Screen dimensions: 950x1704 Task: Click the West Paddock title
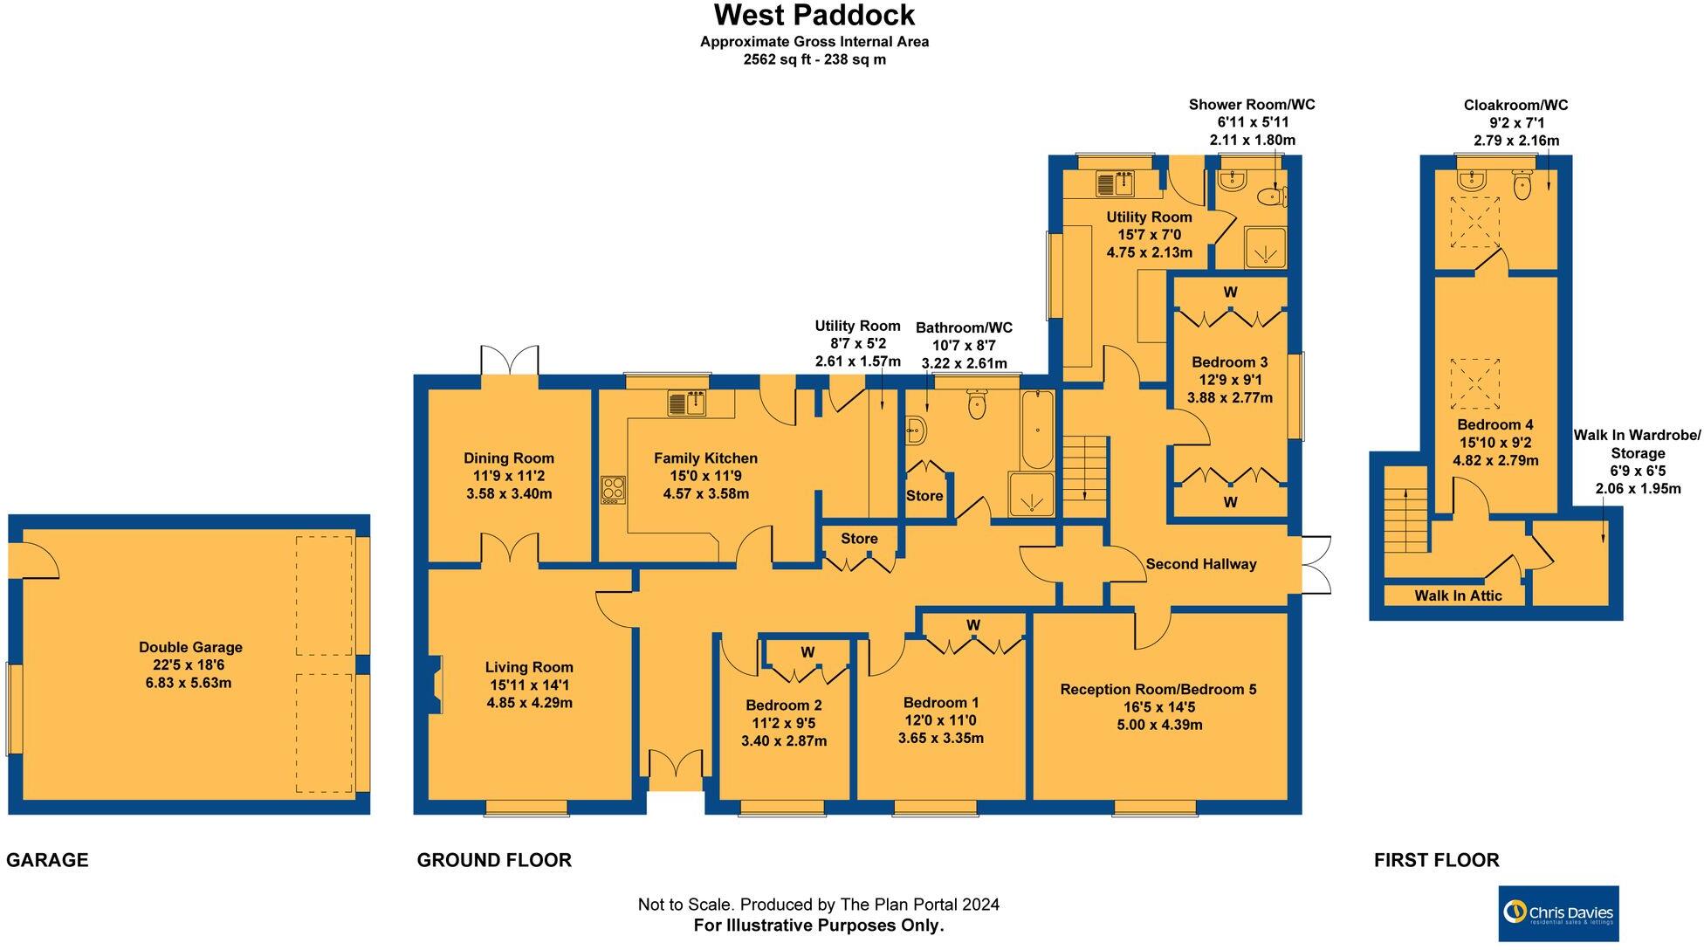coord(814,16)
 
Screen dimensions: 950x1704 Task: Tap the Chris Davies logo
coord(1558,913)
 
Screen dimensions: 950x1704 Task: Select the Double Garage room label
coord(190,648)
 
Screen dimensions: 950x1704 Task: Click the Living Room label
coord(529,668)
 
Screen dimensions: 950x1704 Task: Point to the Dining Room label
coord(508,458)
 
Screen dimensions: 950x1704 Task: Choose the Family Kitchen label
coord(705,458)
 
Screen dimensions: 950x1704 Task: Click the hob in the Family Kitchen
coord(613,489)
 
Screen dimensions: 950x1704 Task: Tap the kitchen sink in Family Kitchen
coord(687,403)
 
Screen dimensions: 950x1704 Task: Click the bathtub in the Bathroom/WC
coord(1037,430)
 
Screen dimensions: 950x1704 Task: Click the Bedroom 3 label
coord(1229,362)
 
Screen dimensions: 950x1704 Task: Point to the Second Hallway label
coord(1200,565)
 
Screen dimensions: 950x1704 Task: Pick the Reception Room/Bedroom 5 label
coord(1158,690)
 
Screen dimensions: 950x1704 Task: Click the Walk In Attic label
coord(1458,596)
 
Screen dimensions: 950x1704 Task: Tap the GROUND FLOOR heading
coord(494,861)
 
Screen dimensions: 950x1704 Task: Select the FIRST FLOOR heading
coord(1436,861)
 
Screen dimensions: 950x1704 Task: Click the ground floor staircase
coord(1084,468)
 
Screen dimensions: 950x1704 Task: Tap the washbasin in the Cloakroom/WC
coord(1471,180)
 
